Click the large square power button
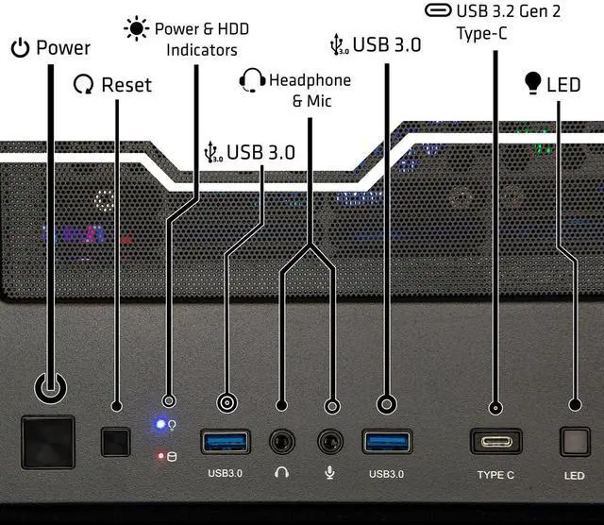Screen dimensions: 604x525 [x=48, y=442]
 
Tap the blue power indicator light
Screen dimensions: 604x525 [x=160, y=424]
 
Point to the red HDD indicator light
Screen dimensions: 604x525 [x=160, y=456]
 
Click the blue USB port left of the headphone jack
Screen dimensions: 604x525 [x=226, y=442]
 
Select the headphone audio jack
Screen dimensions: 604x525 [x=282, y=442]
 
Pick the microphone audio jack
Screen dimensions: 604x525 [x=330, y=442]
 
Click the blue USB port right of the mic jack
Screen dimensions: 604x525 [x=387, y=442]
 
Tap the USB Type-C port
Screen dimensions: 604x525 [x=495, y=441]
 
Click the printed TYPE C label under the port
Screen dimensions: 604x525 [x=495, y=475]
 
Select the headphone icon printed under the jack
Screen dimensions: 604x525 [x=282, y=472]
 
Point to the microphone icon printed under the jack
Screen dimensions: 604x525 [x=329, y=472]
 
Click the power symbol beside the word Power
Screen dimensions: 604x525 [x=20, y=48]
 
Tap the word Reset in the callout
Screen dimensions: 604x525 [x=126, y=85]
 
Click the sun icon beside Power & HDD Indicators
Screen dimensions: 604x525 [x=136, y=28]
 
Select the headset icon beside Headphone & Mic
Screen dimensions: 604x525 [x=252, y=80]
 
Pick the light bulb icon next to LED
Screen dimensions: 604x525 [x=532, y=83]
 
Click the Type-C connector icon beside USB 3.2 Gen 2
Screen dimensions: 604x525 [x=438, y=10]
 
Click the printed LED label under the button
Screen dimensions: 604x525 [x=574, y=476]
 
